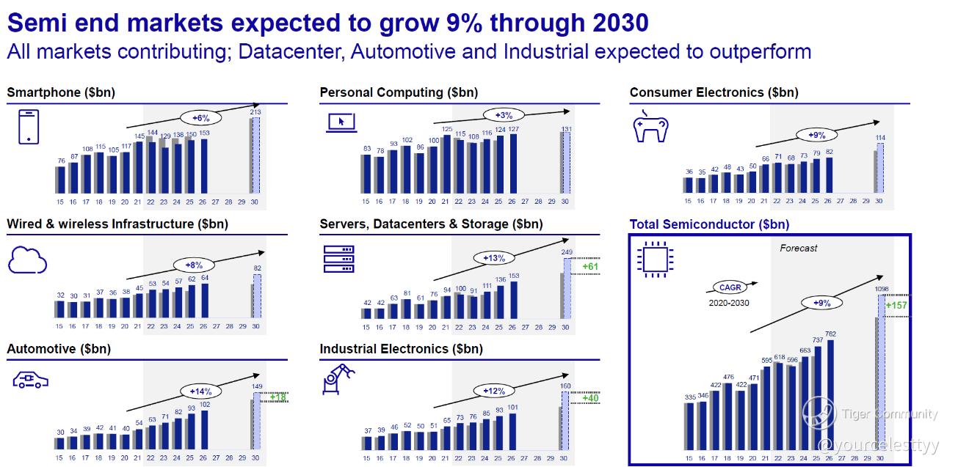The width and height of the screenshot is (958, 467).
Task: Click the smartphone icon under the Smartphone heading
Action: tap(28, 126)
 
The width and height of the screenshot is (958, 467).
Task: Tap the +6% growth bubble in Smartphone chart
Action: tap(200, 117)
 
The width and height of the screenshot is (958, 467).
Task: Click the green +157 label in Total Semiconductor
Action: tap(897, 306)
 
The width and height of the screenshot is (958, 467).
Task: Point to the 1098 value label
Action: tap(881, 289)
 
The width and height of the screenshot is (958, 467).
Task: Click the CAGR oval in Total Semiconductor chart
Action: tap(729, 288)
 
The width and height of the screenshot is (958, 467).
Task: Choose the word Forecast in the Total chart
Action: tap(798, 249)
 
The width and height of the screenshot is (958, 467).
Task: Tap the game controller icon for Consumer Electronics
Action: tap(650, 126)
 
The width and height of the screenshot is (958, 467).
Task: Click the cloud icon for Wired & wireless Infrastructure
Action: tap(27, 260)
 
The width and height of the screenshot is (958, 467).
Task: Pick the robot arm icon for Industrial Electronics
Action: tap(337, 379)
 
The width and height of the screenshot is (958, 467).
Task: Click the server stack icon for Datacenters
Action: tap(338, 260)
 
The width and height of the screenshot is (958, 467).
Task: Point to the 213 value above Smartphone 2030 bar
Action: tap(255, 111)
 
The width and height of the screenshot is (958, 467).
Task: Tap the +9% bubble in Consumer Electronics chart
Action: tap(817, 135)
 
